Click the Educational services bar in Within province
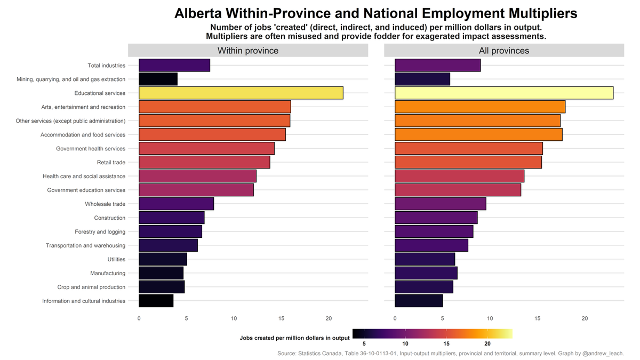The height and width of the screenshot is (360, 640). click(x=241, y=93)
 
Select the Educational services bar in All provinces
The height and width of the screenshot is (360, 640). click(x=503, y=93)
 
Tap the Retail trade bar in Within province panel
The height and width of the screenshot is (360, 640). click(x=204, y=162)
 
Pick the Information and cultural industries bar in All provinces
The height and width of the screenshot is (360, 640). click(x=419, y=301)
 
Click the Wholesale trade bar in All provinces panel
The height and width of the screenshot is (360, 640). click(x=440, y=204)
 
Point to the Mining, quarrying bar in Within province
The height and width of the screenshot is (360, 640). click(x=158, y=79)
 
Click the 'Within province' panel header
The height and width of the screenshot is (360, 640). click(x=247, y=51)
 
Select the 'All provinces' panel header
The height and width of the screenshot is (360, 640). click(x=503, y=51)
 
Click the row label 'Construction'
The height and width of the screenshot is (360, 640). click(x=110, y=218)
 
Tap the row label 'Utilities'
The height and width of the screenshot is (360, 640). click(x=116, y=259)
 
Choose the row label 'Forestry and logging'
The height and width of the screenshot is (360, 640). click(x=100, y=231)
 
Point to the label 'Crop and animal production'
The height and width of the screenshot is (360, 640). click(x=91, y=287)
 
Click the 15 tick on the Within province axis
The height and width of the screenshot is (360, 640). click(x=281, y=318)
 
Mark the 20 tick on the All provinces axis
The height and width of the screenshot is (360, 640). click(x=585, y=318)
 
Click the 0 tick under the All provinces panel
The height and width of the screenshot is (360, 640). click(x=395, y=318)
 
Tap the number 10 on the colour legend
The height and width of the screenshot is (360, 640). click(x=405, y=344)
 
